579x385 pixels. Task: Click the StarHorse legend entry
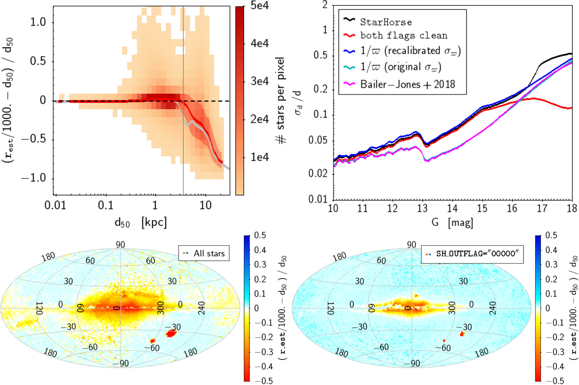pos(385,22)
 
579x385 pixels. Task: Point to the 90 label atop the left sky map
pos(120,244)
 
